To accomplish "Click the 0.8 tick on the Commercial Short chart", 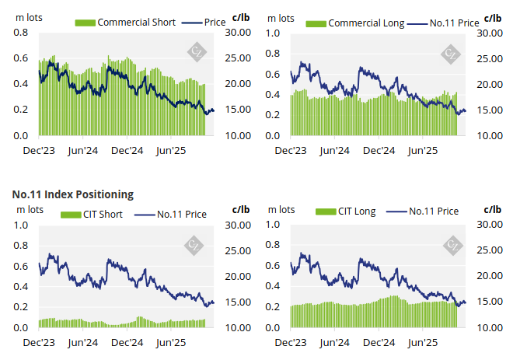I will (21, 33).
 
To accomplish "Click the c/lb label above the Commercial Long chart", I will (493, 17).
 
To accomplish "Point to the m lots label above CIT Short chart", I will (29, 209).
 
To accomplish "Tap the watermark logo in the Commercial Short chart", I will (197, 53).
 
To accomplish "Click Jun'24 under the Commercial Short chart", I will (82, 149).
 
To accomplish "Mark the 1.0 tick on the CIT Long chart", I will (274, 225).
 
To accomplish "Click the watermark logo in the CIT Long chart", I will (452, 246).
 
